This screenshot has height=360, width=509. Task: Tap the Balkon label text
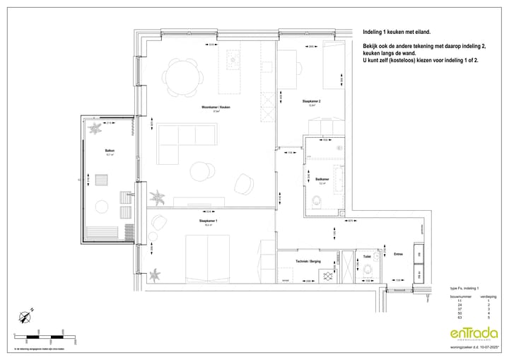click(110, 150)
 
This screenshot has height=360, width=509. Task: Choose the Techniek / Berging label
click(308, 261)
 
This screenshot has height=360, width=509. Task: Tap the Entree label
click(398, 254)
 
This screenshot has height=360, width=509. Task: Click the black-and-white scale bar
click(42, 335)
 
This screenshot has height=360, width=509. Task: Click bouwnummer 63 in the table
click(459, 309)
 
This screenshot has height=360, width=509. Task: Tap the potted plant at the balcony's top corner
click(94, 129)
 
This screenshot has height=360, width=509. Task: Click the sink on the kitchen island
click(232, 62)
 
